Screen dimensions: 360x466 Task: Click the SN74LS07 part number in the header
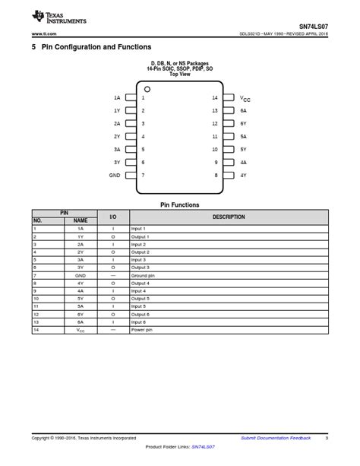click(312, 26)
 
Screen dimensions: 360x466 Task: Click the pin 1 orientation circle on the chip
click(147, 90)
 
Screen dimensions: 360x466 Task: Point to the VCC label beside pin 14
click(245, 98)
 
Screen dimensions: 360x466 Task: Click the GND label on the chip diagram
click(115, 175)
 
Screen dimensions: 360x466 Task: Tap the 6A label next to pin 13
click(244, 111)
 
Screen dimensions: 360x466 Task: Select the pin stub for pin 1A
click(131, 98)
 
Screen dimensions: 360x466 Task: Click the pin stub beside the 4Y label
click(228, 175)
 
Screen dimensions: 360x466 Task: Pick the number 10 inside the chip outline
click(215, 150)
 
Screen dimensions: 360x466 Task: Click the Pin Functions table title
click(179, 204)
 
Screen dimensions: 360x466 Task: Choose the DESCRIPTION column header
click(229, 217)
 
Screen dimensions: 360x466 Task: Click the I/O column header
click(113, 217)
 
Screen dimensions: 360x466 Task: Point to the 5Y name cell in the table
click(81, 299)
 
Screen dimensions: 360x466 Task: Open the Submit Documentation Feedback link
click(276, 438)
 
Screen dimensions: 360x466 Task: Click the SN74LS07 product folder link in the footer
click(203, 447)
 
